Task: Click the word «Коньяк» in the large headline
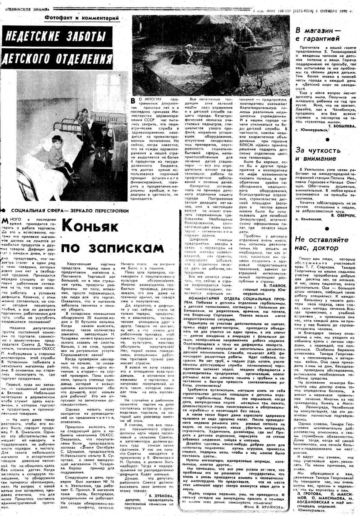pos(90,226)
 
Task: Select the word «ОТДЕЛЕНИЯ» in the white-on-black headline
pos(86,58)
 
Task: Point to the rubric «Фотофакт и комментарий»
pos(82,18)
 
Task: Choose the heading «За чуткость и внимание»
pos(318,154)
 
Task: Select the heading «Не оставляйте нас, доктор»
pos(321,244)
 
